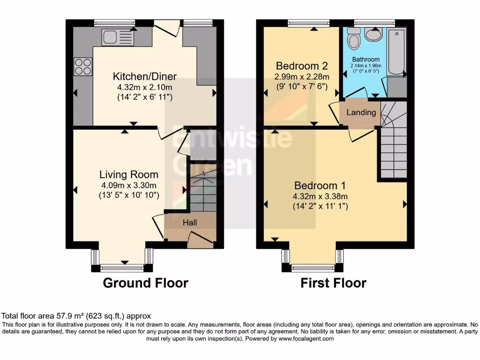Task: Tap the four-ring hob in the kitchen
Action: pos(83,66)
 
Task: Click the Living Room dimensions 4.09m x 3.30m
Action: pos(128,185)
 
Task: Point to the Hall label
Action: pos(189,222)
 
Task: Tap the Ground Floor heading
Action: pos(145,283)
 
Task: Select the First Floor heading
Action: pos(333,283)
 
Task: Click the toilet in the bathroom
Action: pos(354,38)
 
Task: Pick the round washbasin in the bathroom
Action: pos(374,34)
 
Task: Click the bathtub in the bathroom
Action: pos(397,52)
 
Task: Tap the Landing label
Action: pos(361,112)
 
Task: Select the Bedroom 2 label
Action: pos(301,66)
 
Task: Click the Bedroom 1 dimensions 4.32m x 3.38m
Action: pos(321,196)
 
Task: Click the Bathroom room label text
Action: pos(366,60)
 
